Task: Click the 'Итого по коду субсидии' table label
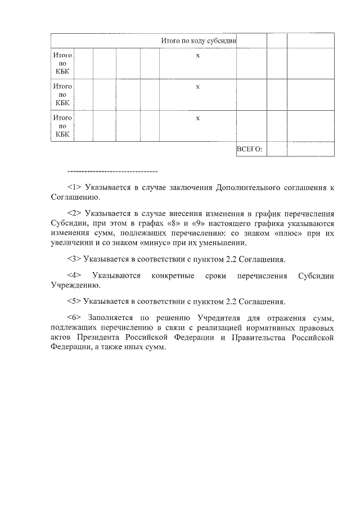[199, 40]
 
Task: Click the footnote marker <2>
[74, 213]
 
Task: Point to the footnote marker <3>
[74, 259]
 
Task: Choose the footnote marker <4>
[74, 276]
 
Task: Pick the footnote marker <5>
[74, 300]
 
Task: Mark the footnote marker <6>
[74, 317]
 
